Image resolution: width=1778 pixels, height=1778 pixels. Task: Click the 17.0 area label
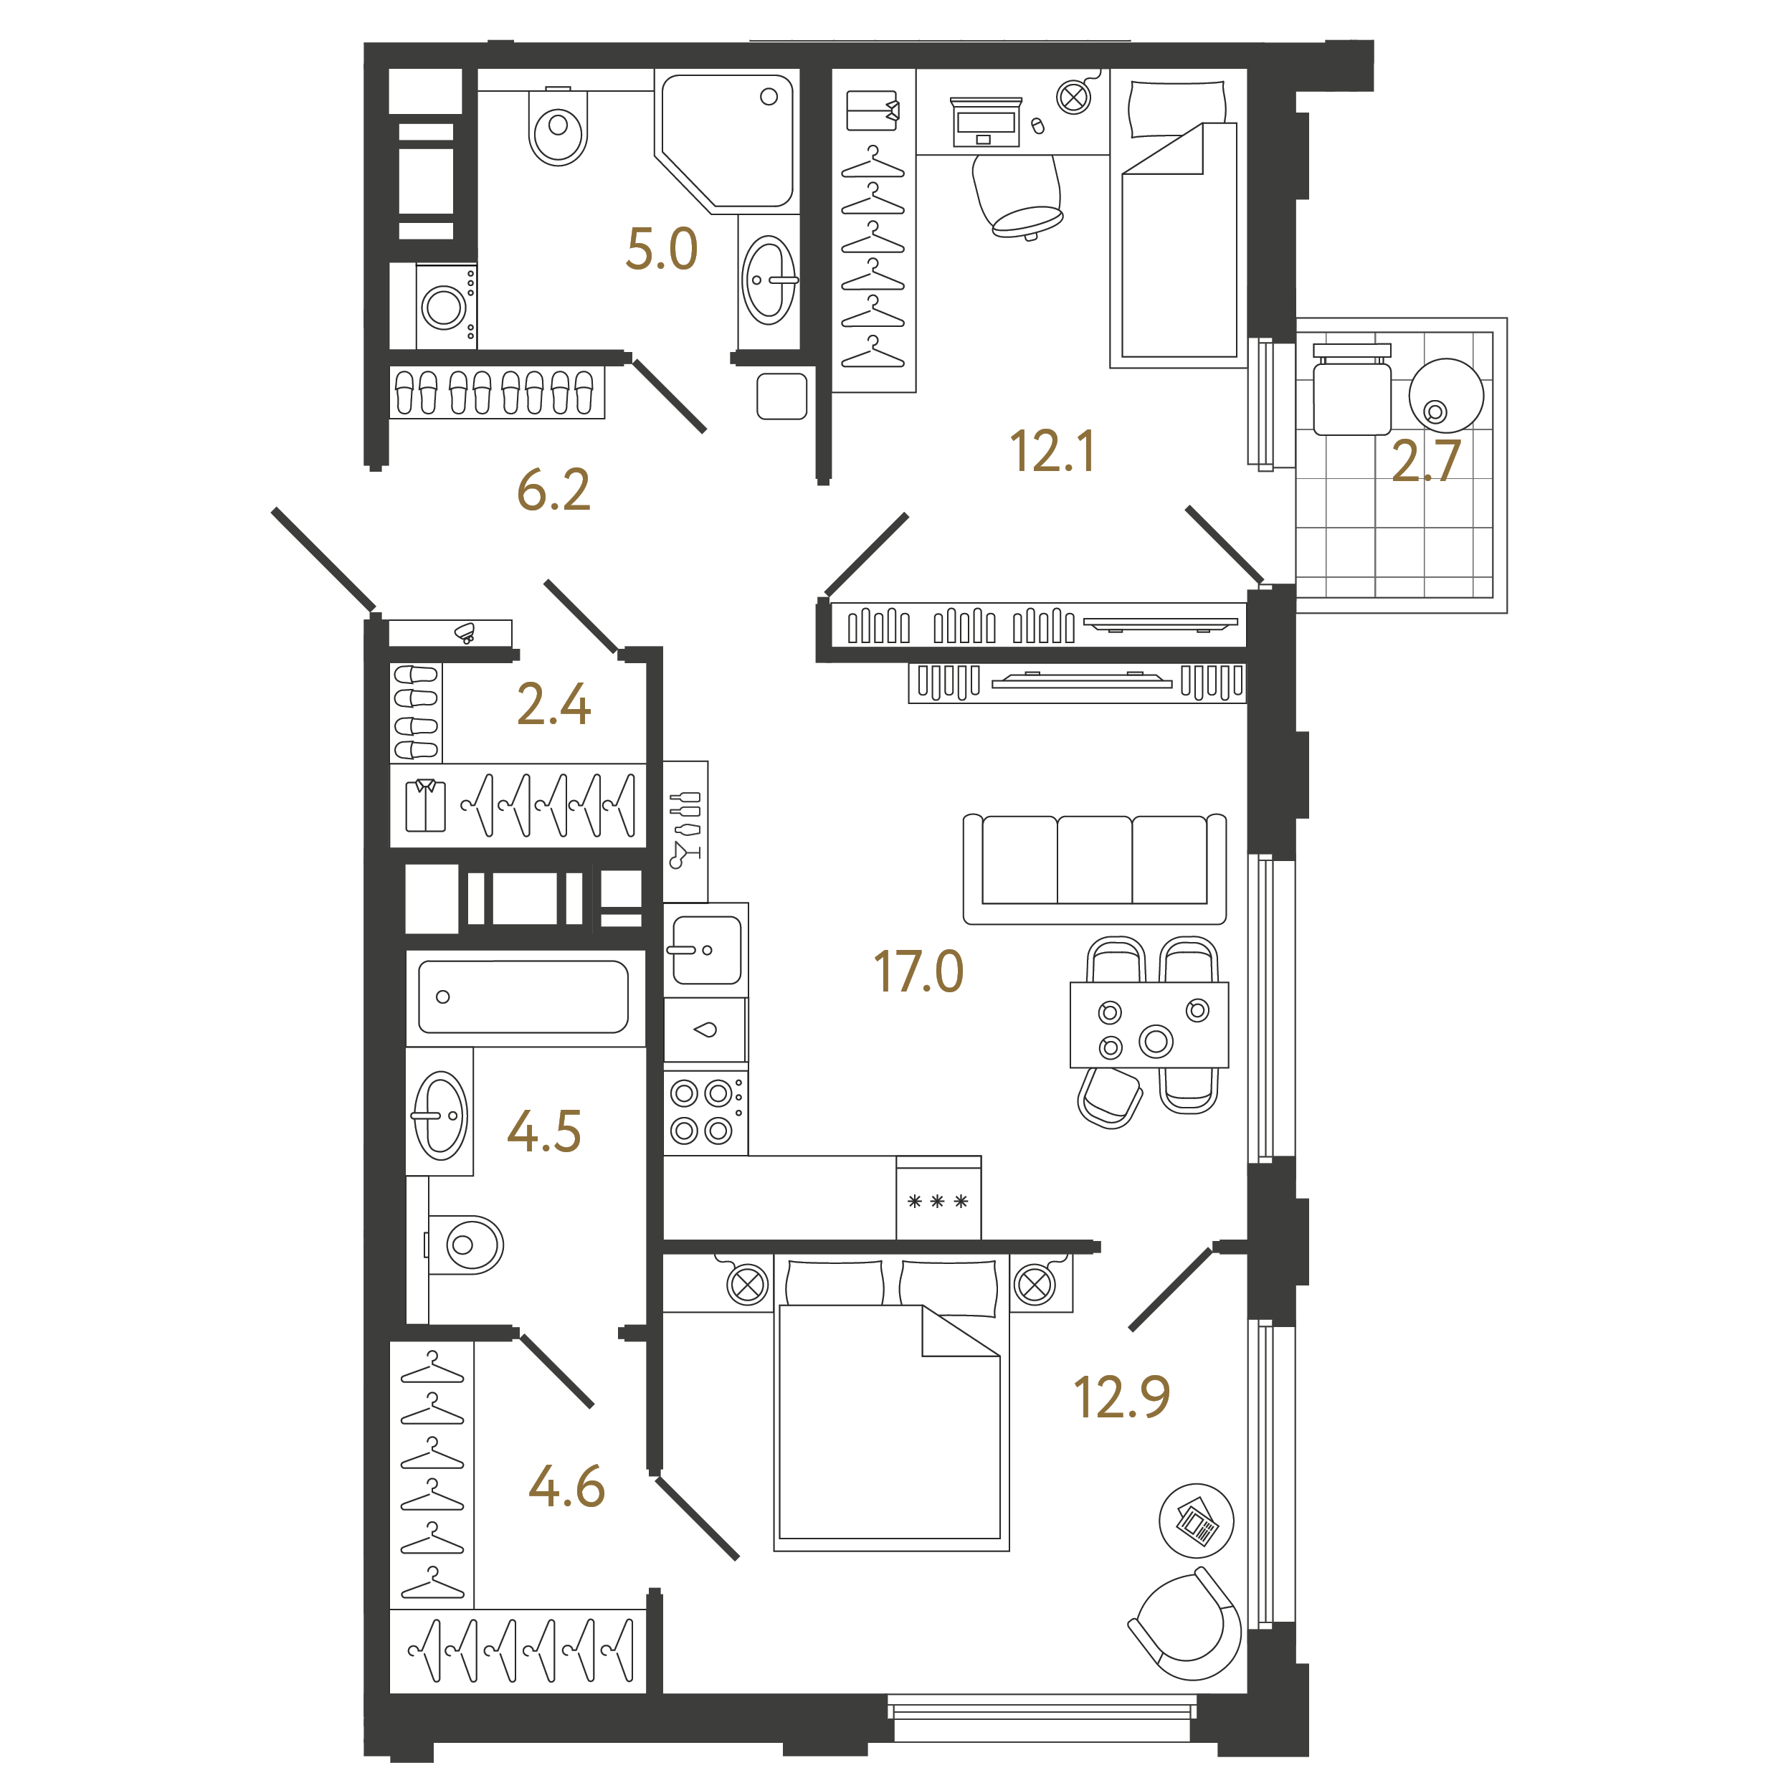click(918, 972)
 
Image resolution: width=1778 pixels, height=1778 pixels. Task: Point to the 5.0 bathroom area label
click(661, 249)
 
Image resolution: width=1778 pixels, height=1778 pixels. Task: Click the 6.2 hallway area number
click(553, 490)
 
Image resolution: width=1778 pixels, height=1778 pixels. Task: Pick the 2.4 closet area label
click(553, 704)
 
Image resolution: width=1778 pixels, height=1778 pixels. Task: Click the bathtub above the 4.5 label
click(523, 997)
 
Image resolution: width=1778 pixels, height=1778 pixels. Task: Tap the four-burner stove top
click(705, 1113)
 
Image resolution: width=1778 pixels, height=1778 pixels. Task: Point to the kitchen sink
click(706, 951)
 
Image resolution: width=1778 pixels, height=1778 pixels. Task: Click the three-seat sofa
click(1094, 869)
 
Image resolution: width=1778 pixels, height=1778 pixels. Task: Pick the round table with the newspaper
click(1197, 1521)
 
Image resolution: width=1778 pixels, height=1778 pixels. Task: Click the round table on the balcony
click(1446, 396)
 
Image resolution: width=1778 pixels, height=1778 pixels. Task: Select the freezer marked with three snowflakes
click(938, 1198)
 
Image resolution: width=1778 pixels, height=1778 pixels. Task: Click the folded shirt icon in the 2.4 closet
click(425, 805)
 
